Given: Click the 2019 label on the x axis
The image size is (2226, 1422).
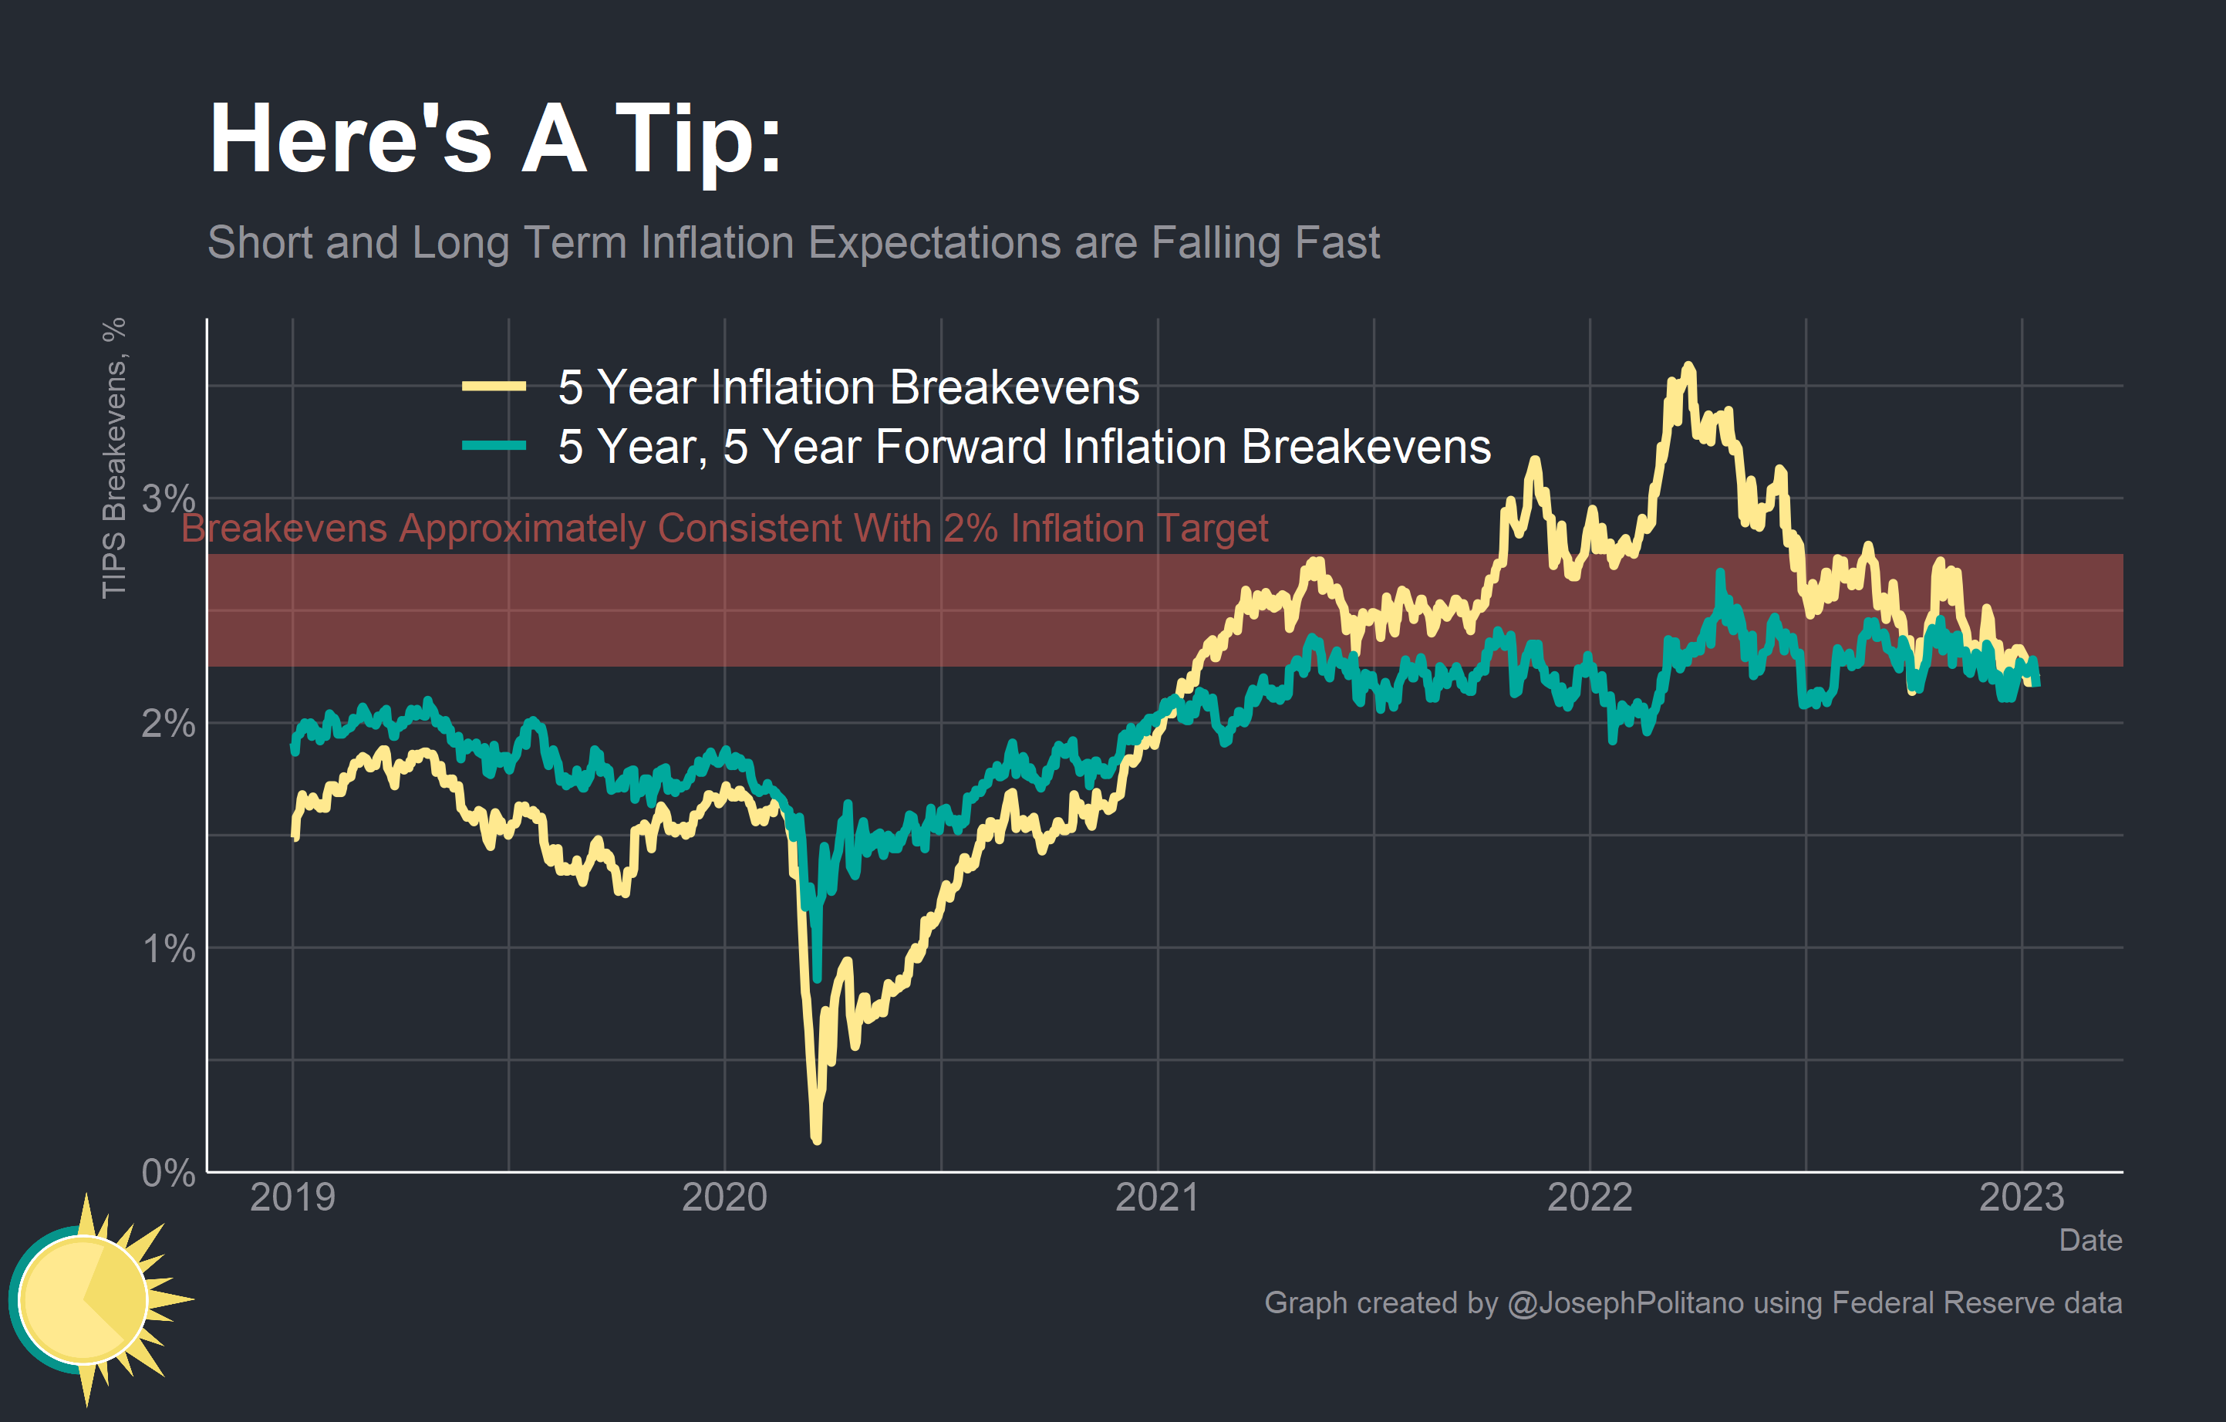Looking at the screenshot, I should pyautogui.click(x=292, y=1197).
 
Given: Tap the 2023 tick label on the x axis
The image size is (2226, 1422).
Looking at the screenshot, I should pyautogui.click(x=2021, y=1197).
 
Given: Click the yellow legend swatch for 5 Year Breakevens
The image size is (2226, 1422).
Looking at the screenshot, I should pyautogui.click(x=494, y=387).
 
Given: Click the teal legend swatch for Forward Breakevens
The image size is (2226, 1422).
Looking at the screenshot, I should pyautogui.click(x=494, y=446).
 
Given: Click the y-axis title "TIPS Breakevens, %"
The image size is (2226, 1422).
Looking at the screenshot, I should pyautogui.click(x=113, y=458).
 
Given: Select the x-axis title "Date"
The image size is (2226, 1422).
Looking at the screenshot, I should pyautogui.click(x=2089, y=1240).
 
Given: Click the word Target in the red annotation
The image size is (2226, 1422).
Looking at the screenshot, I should pyautogui.click(x=1212, y=529).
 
